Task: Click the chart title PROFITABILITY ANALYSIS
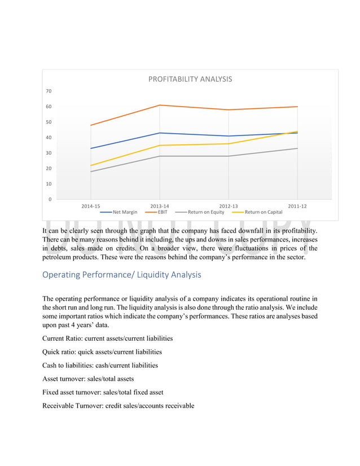tap(190, 79)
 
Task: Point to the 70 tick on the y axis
tap(49, 91)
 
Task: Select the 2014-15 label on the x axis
tap(91, 206)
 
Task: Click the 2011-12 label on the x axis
tap(297, 206)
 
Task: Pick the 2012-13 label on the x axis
tap(229, 206)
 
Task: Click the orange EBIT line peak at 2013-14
tap(160, 105)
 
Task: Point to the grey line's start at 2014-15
tap(91, 172)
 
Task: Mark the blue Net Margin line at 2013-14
tap(160, 133)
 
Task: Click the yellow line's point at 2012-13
tap(229, 143)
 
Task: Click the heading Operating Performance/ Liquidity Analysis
tap(121, 275)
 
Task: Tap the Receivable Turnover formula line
tap(118, 405)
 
